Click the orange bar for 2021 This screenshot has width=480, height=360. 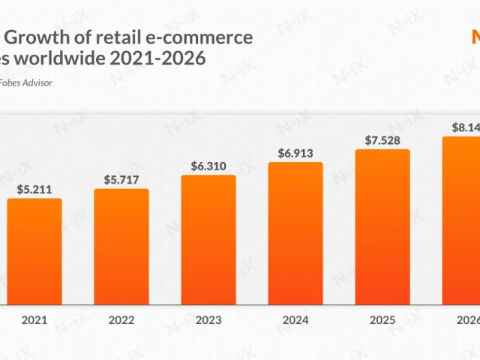34,251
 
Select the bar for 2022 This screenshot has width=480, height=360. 121,247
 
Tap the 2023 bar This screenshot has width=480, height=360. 208,240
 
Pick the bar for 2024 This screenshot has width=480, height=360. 295,233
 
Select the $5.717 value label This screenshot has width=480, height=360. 121,180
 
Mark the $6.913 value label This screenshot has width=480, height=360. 295,153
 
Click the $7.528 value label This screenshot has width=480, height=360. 382,140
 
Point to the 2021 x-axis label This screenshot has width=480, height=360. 34,320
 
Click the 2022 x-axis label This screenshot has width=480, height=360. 121,320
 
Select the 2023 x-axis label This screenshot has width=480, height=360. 208,320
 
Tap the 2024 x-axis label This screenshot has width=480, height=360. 295,320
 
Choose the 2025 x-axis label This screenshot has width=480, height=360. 382,320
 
